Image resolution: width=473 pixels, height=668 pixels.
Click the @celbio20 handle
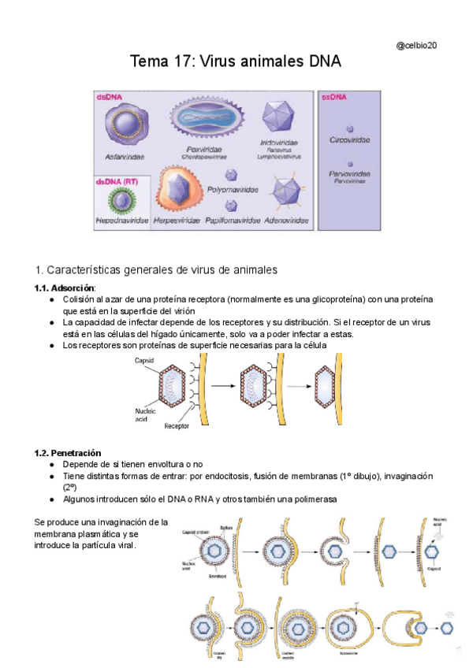click(415, 45)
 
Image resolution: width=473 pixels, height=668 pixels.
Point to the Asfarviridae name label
click(125, 157)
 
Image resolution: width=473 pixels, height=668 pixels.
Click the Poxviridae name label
click(203, 148)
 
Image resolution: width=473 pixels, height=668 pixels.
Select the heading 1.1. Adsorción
click(64, 288)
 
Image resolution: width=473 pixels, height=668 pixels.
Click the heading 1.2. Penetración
click(68, 453)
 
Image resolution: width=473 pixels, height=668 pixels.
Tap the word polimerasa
click(315, 499)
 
